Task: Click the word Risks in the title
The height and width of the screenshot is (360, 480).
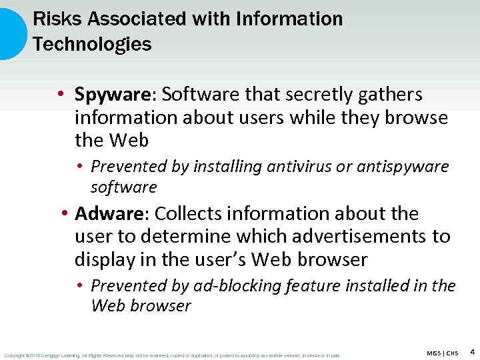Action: pos(51,19)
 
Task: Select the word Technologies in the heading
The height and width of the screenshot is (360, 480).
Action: pos(92,45)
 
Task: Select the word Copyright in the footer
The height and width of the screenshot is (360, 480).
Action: pos(15,355)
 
